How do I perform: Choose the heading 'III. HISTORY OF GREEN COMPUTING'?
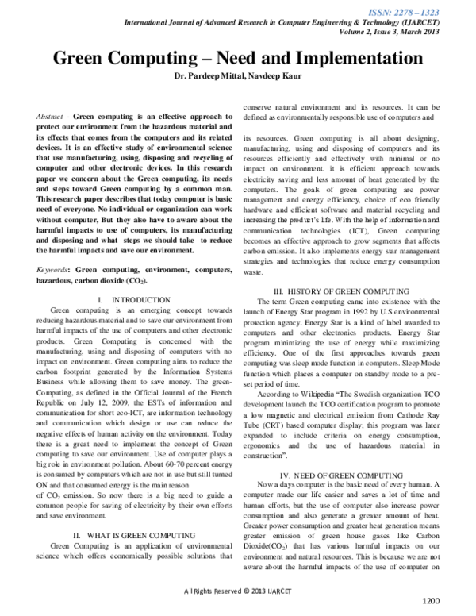[x=346, y=293]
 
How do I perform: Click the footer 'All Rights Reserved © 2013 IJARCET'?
[x=239, y=591]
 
